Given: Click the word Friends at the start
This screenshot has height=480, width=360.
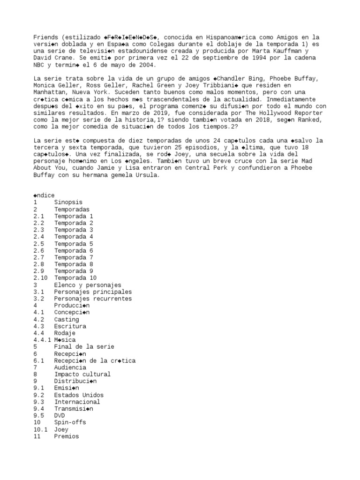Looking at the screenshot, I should click(x=45, y=37).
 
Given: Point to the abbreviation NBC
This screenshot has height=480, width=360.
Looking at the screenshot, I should click(x=39, y=64).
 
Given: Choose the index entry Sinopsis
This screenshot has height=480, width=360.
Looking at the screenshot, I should click(x=68, y=202).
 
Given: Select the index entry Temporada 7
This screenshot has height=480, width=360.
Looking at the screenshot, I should click(x=74, y=257).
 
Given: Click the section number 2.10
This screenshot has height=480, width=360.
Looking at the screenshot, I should click(x=40, y=278).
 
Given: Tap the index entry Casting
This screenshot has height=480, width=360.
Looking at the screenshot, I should click(x=66, y=319).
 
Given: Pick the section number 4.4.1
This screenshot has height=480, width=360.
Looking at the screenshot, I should click(x=42, y=339).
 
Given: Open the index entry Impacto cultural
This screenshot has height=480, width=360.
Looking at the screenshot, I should click(x=82, y=374).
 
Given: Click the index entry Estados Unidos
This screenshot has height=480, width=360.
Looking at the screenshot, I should click(x=79, y=395).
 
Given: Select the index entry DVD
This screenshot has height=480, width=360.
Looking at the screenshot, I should click(x=60, y=415).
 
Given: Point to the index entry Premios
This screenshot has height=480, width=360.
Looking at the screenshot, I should click(x=66, y=436).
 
